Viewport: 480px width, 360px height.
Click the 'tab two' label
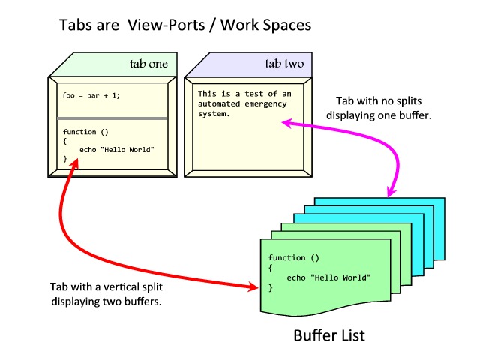pyautogui.click(x=284, y=64)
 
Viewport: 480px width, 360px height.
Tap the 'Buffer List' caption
pyautogui.click(x=328, y=334)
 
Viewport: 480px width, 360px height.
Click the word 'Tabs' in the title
pyautogui.click(x=76, y=25)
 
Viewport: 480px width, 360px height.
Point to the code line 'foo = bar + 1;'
pyautogui.click(x=91, y=95)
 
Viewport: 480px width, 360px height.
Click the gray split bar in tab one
pyautogui.click(x=112, y=118)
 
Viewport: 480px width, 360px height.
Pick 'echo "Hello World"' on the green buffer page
pyautogui.click(x=329, y=277)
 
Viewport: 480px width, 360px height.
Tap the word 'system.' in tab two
pyautogui.click(x=214, y=115)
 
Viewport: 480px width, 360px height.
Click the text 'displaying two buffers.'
pyautogui.click(x=106, y=301)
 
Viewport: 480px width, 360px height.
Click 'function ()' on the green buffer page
pyautogui.click(x=288, y=257)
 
